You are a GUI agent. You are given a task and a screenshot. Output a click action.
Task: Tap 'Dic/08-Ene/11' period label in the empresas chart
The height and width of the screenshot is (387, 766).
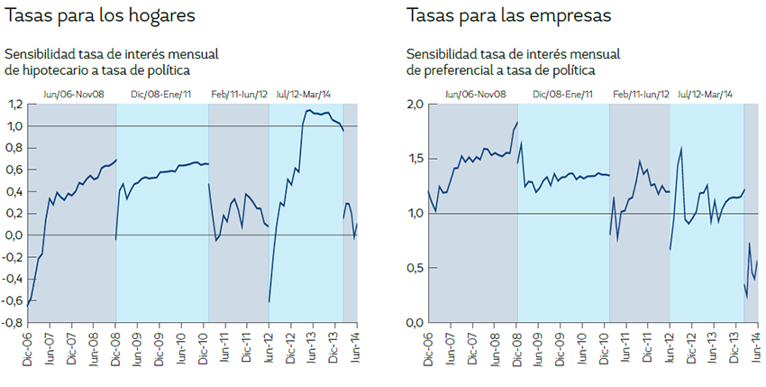coord(563,94)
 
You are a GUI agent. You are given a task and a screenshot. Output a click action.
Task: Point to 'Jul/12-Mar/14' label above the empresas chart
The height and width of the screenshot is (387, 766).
coord(705,94)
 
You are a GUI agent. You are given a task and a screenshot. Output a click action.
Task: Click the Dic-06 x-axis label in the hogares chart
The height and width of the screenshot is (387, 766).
coord(28,346)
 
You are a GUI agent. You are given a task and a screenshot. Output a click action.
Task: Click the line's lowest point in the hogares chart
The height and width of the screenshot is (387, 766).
coord(28,307)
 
